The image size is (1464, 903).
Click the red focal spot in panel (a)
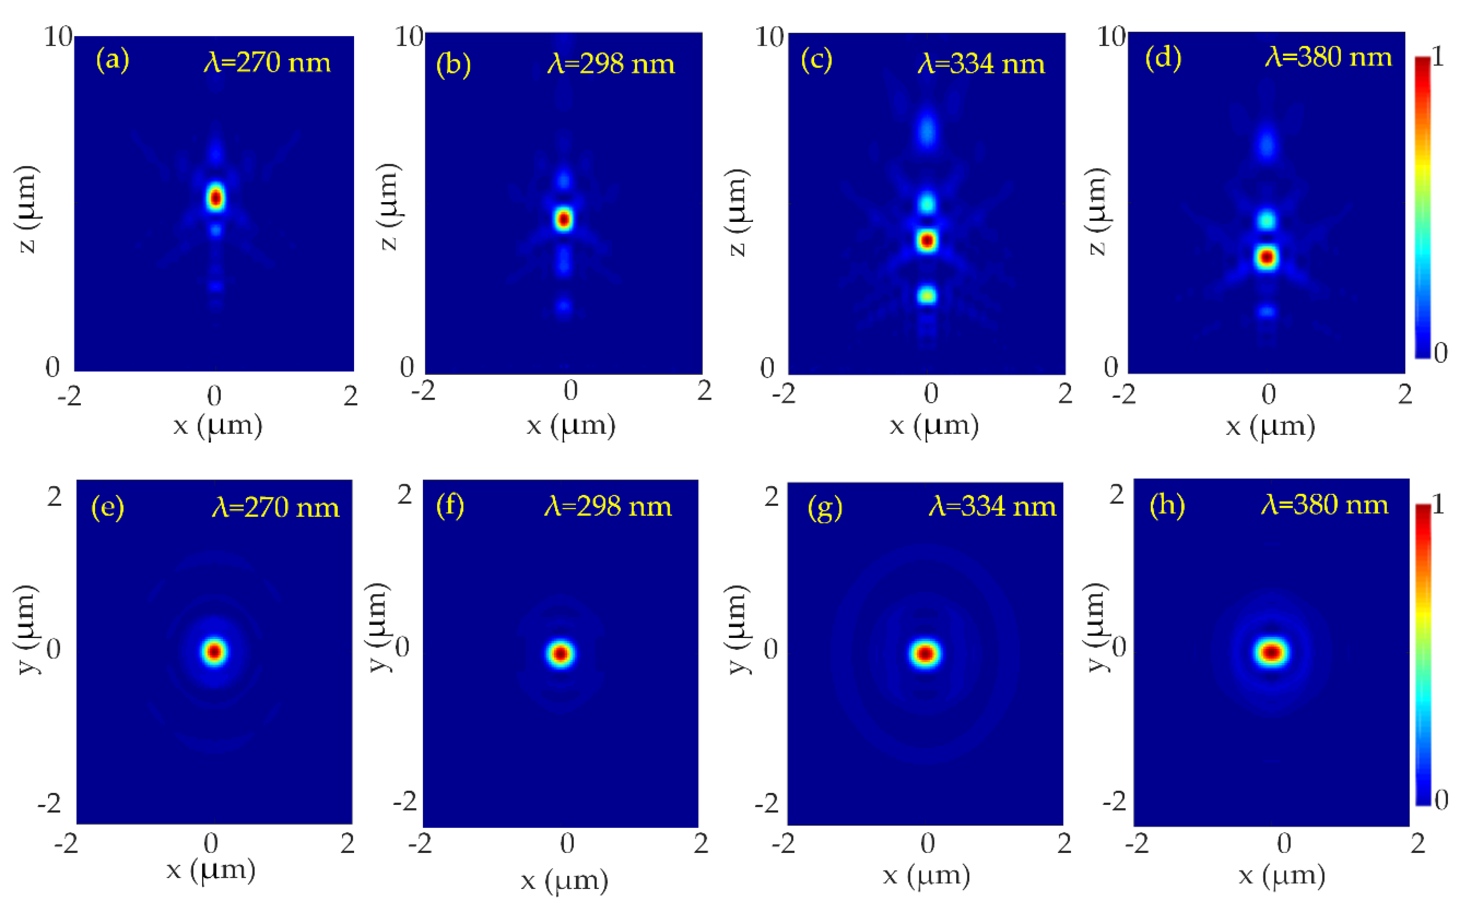tap(215, 198)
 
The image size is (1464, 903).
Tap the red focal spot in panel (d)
tap(1267, 258)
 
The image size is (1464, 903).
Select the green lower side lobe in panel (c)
tap(927, 295)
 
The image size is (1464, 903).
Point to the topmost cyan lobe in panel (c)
tap(927, 130)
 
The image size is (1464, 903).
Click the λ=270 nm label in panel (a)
tap(267, 62)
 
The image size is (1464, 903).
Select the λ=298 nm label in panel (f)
tap(608, 507)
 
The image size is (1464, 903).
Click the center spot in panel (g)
tap(926, 654)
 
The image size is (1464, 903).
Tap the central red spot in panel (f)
tap(560, 654)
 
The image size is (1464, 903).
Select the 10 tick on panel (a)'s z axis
tap(58, 37)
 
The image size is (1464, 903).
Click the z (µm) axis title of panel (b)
tap(389, 206)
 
